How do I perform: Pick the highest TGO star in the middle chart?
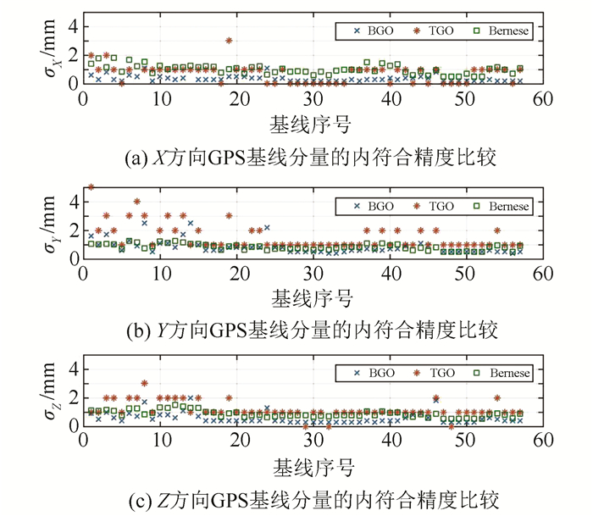click(91, 186)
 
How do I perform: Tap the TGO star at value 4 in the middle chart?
click(136, 201)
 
